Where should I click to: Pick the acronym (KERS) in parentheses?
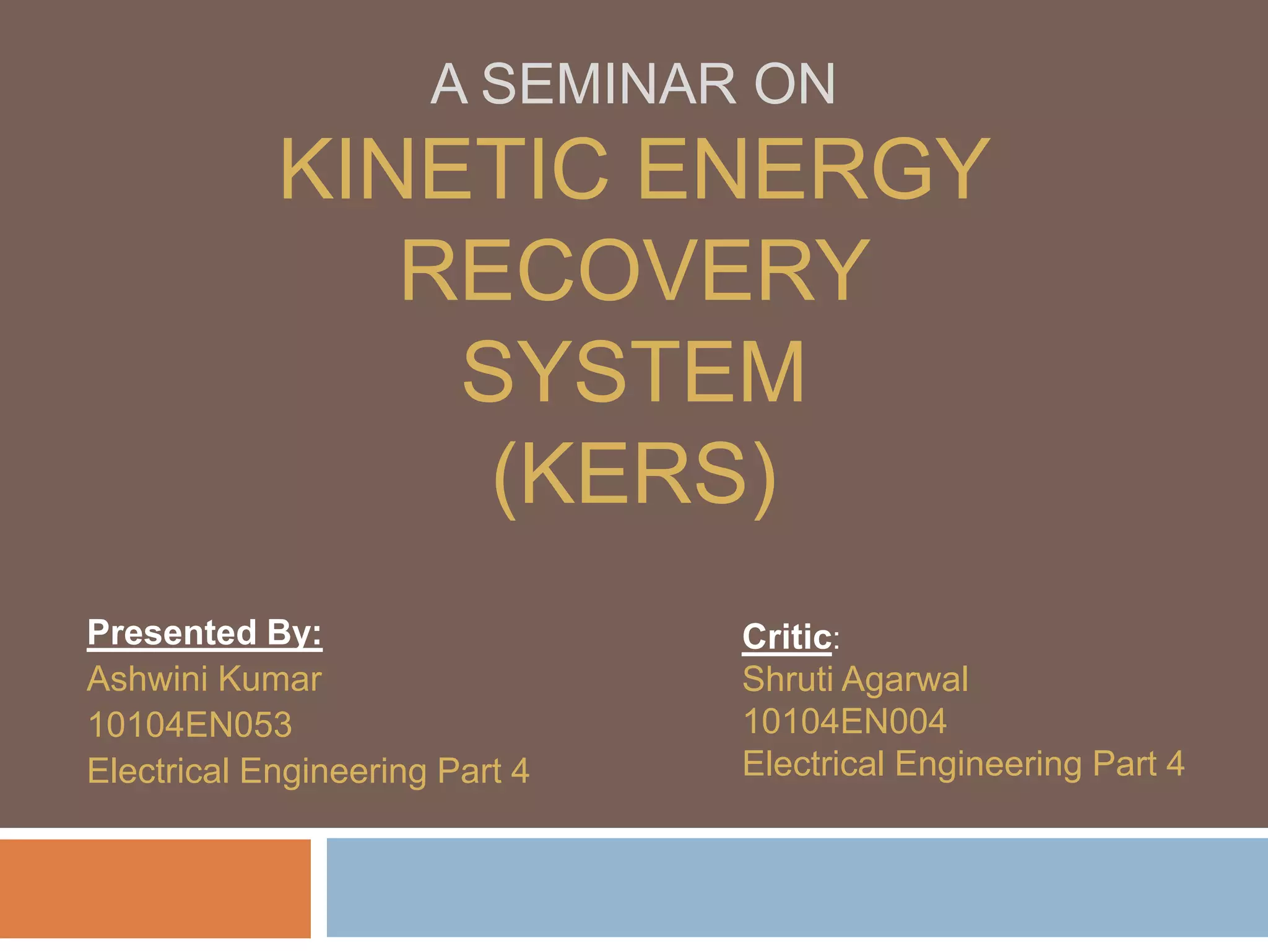pyautogui.click(x=634, y=475)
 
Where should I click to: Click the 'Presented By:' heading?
pyautogui.click(x=205, y=633)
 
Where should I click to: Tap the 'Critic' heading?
pyautogui.click(x=787, y=637)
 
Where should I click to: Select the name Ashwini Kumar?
pyautogui.click(x=204, y=679)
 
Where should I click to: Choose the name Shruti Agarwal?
pyautogui.click(x=855, y=679)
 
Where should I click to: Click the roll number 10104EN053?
pyautogui.click(x=189, y=725)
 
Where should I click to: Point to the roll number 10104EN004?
pyautogui.click(x=845, y=721)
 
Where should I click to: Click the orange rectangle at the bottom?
pyautogui.click(x=155, y=888)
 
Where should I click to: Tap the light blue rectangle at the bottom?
pyautogui.click(x=797, y=887)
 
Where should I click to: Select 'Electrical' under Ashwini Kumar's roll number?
pyautogui.click(x=158, y=771)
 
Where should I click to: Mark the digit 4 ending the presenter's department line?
pyautogui.click(x=520, y=771)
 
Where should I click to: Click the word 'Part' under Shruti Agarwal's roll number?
pyautogui.click(x=1124, y=763)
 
